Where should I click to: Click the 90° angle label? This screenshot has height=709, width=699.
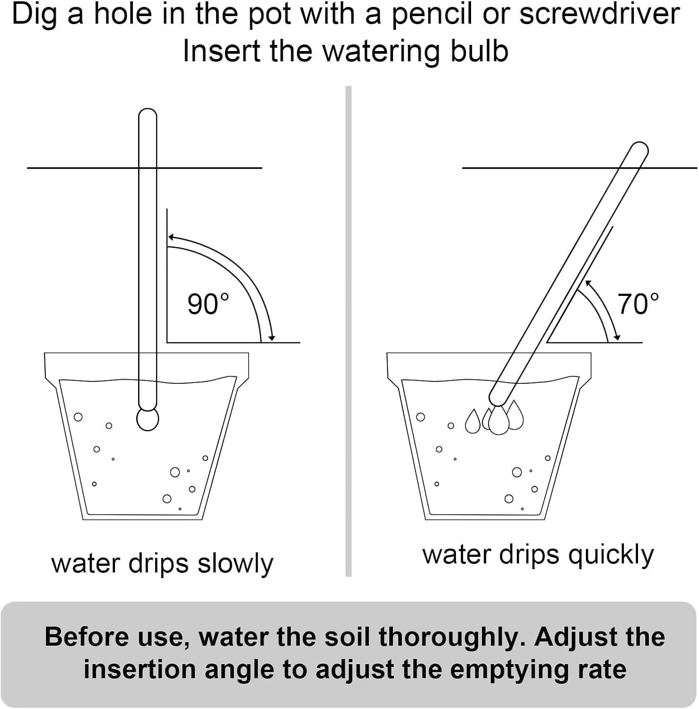tap(208, 304)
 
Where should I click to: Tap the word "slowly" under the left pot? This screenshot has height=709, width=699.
tap(236, 564)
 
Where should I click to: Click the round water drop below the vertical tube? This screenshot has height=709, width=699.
tap(148, 419)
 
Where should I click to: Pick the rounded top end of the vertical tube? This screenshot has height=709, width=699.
tap(148, 113)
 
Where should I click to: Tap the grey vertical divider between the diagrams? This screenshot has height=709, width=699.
tap(349, 331)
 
